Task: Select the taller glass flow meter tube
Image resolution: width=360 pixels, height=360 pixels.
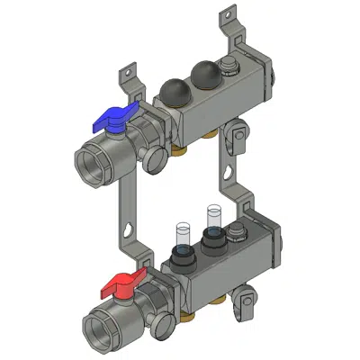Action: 213,219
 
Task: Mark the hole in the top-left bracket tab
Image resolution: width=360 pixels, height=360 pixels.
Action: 127,69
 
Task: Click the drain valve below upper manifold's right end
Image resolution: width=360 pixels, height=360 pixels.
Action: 238,137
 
